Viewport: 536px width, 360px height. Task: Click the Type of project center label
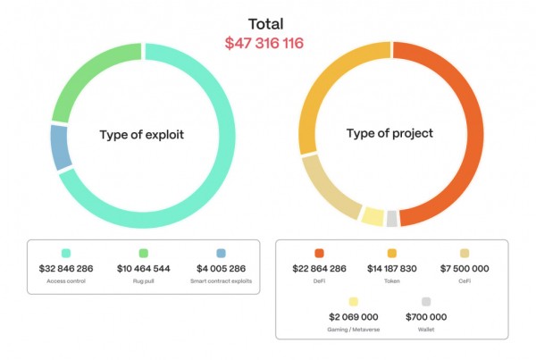(389, 134)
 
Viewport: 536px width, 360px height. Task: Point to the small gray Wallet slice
(391, 218)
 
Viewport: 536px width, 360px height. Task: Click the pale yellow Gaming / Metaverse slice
(373, 215)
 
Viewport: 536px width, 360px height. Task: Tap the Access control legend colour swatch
(65, 254)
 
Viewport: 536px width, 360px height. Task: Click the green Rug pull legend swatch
(143, 254)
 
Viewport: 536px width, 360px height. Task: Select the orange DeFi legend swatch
(319, 254)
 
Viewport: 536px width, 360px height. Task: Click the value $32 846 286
(65, 268)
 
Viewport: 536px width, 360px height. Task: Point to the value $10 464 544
(143, 268)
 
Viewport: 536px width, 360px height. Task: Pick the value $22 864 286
(319, 268)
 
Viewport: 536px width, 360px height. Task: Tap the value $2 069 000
(355, 316)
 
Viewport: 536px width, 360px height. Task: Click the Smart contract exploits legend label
(221, 281)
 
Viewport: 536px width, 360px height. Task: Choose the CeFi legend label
(464, 281)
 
